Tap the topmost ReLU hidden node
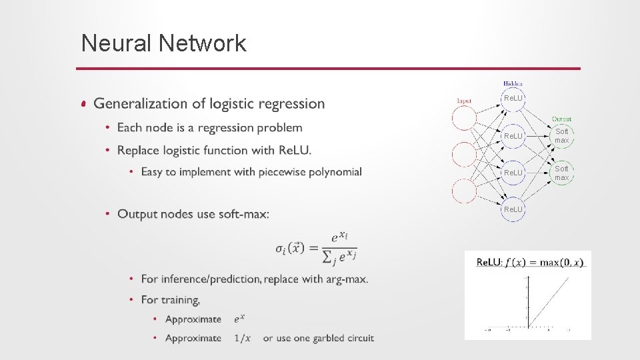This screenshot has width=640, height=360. click(513, 99)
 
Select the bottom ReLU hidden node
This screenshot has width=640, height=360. click(513, 209)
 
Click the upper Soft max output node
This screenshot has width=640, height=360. click(562, 136)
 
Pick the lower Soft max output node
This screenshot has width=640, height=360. click(562, 173)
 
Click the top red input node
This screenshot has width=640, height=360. click(464, 118)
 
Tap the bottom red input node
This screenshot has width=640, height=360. click(464, 191)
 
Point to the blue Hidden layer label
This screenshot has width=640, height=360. click(513, 84)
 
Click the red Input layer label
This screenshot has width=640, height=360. click(464, 101)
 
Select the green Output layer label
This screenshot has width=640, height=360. click(561, 119)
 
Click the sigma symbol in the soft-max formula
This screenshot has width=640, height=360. click(280, 248)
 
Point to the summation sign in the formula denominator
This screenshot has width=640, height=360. click(327, 256)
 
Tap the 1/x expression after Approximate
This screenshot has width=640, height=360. click(243, 338)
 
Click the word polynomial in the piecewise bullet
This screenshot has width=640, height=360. click(333, 172)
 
